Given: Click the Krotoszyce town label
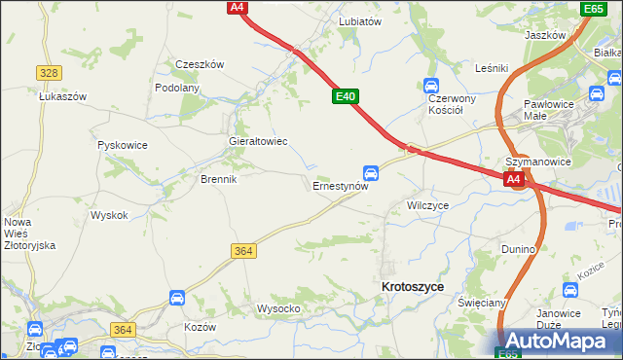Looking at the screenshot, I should click(413, 287).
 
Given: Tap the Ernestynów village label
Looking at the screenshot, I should click(340, 185).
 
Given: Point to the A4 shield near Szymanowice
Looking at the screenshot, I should click(515, 180).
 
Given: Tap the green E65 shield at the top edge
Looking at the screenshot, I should click(593, 9).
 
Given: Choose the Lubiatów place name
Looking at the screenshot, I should click(359, 20).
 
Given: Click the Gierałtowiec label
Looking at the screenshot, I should click(257, 141).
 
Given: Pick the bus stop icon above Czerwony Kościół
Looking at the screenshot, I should click(431, 86).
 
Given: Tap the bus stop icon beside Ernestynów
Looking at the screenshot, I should click(371, 171).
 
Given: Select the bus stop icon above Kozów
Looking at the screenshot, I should click(176, 298).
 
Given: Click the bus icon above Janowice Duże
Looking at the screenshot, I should click(571, 290).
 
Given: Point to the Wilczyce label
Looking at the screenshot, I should click(427, 206).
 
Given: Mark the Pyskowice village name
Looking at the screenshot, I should click(123, 145).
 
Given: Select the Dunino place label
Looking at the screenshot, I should click(519, 249).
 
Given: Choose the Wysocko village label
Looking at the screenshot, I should click(277, 308).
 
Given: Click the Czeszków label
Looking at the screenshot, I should click(200, 64).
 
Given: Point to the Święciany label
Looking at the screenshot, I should click(482, 303).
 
